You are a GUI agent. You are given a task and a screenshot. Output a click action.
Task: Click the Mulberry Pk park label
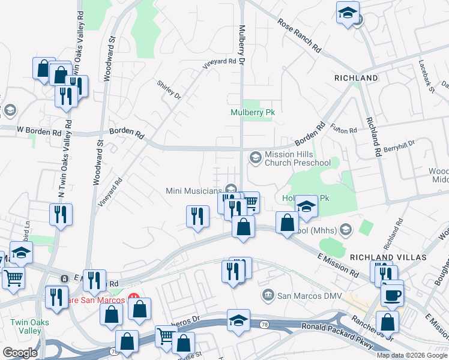click(x=252, y=112)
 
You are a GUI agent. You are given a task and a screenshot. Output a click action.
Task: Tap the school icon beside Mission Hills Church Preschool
click(x=255, y=157)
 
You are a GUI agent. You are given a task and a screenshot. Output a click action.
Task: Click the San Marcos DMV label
click(x=305, y=295)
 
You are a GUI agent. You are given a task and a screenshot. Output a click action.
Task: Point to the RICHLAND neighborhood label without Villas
click(x=356, y=78)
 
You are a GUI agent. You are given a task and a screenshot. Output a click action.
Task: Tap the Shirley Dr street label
click(x=169, y=89)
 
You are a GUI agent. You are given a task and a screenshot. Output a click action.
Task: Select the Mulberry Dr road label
click(x=243, y=45)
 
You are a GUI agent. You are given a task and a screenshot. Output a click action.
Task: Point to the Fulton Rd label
click(x=345, y=127)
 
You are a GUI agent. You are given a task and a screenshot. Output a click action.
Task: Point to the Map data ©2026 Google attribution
click(x=412, y=355)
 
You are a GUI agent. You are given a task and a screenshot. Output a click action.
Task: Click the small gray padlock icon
click(x=64, y=279)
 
